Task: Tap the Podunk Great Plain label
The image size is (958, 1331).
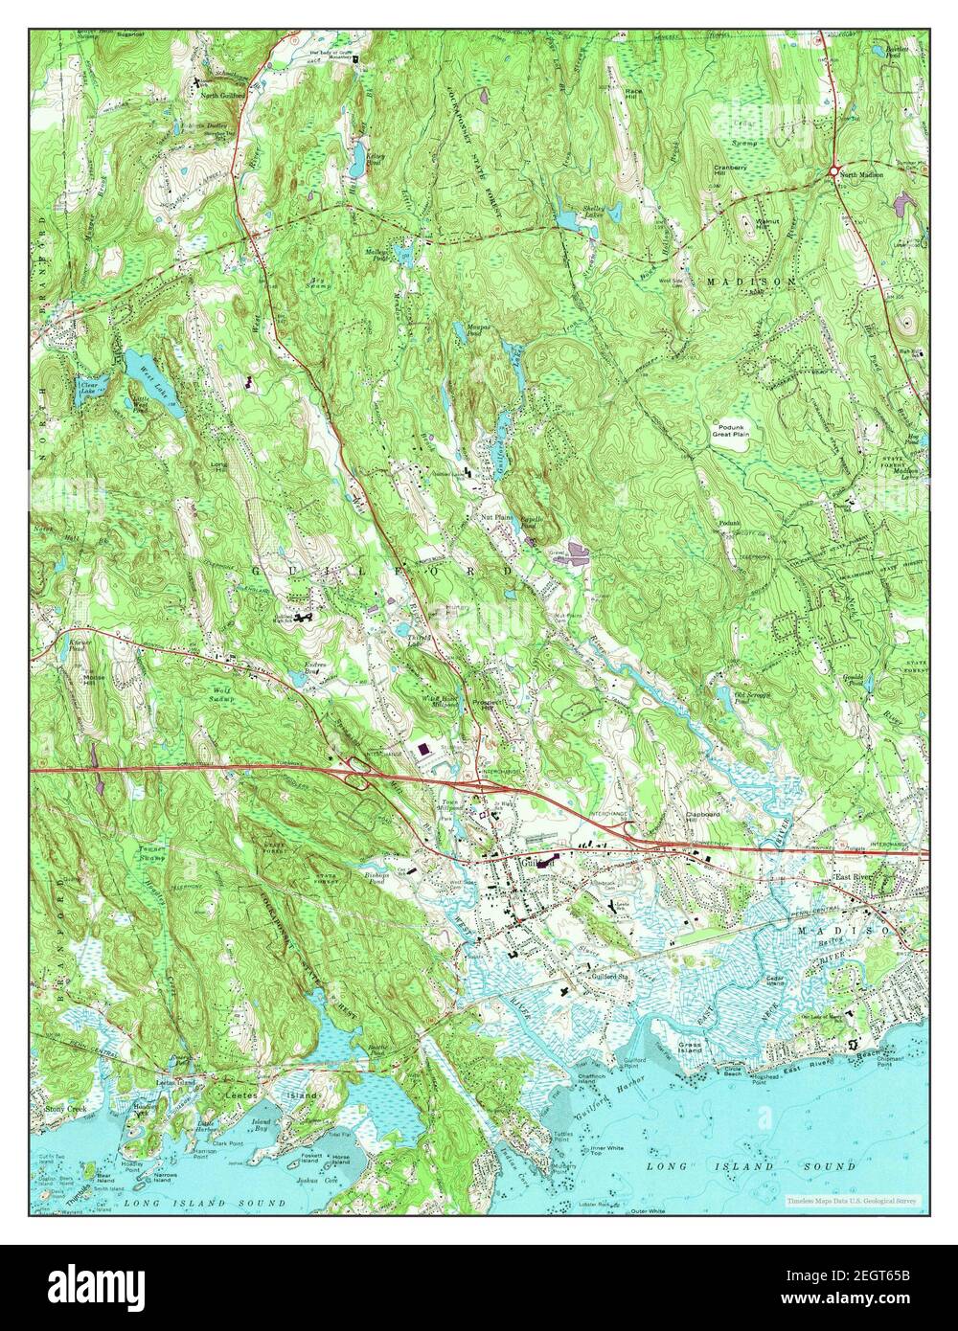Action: pos(735,430)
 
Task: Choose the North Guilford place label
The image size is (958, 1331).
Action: pos(221,95)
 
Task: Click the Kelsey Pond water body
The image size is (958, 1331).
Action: pos(355,159)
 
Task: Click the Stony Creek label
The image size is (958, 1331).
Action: pos(65,1110)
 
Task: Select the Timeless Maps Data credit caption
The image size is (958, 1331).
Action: pos(852,1200)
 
